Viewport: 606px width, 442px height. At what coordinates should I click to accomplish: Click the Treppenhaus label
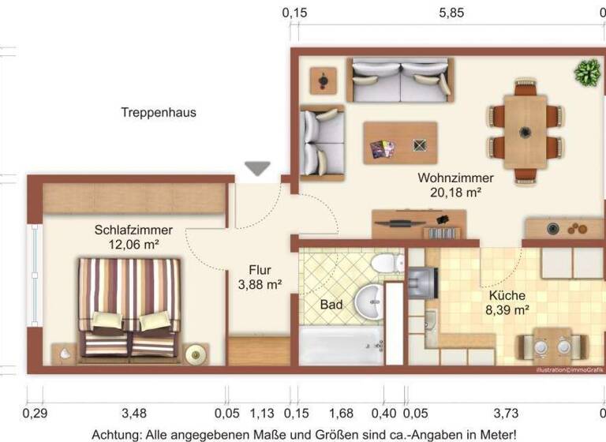(159, 113)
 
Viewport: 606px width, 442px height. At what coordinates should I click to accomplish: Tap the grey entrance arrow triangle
(257, 168)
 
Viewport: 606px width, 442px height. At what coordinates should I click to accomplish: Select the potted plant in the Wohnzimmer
(586, 73)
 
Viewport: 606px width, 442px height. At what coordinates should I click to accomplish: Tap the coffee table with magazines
(400, 143)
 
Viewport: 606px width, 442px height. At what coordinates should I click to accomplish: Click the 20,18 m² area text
(456, 192)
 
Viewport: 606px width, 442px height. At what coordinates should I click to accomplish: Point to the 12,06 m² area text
(133, 245)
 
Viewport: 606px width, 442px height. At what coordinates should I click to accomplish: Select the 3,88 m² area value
(260, 284)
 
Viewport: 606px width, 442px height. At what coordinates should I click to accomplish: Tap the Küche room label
(507, 296)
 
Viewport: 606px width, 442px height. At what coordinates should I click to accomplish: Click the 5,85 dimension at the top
(451, 13)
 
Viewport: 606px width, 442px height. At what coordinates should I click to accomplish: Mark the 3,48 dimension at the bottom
(134, 413)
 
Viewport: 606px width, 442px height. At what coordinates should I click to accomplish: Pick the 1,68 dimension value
(340, 413)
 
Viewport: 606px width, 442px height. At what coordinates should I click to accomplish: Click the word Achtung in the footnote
(115, 434)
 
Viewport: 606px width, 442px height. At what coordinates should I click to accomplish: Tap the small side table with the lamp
(322, 79)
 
